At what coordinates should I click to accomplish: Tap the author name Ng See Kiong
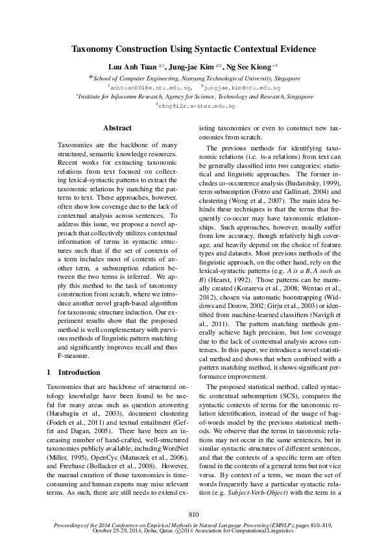pos(251,66)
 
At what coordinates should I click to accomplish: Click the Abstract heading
pos(117,128)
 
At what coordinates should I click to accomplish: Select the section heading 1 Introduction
pos(74,373)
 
